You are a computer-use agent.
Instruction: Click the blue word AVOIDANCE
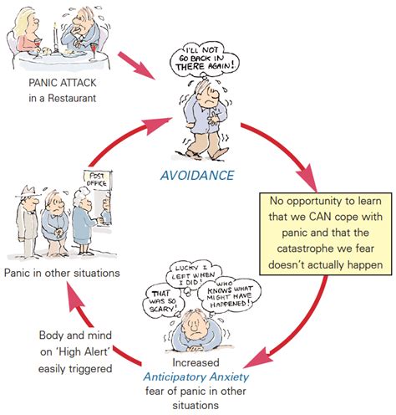tap(198, 175)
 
